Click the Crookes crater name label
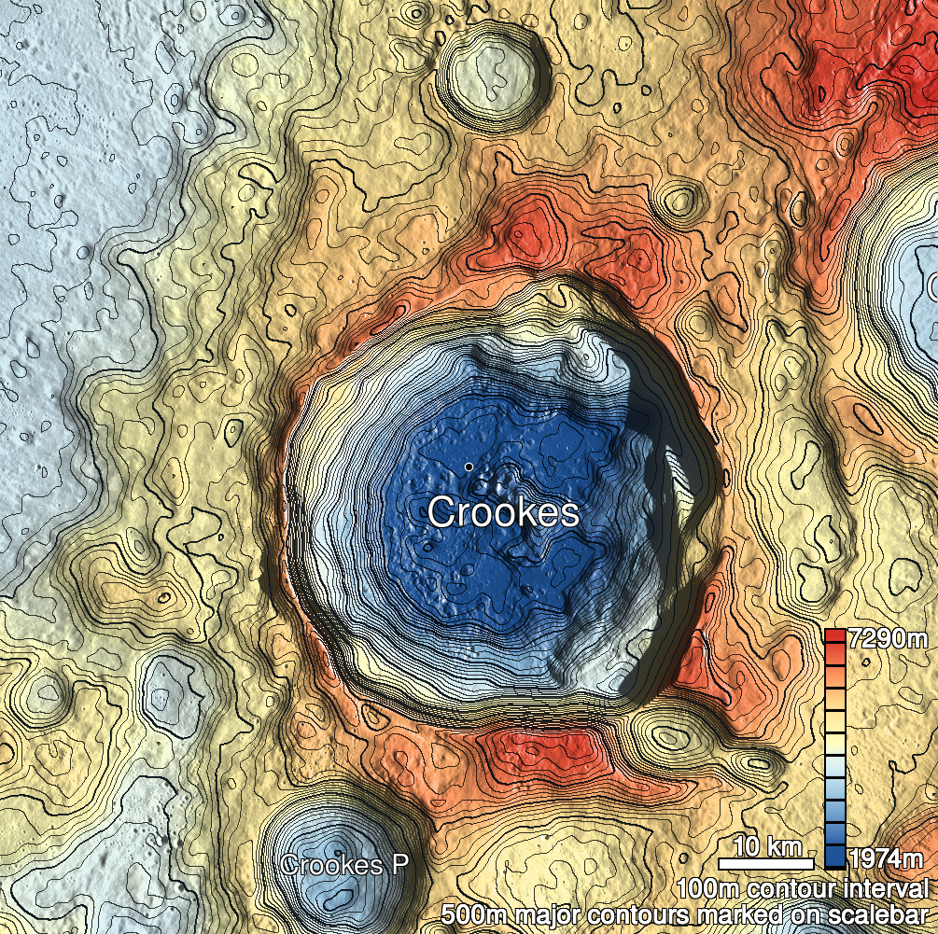pyautogui.click(x=503, y=512)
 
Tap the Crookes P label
pyautogui.click(x=345, y=865)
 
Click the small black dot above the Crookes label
pyautogui.click(x=468, y=467)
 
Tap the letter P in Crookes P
pyautogui.click(x=399, y=865)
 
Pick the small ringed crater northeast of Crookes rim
pyautogui.click(x=679, y=200)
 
